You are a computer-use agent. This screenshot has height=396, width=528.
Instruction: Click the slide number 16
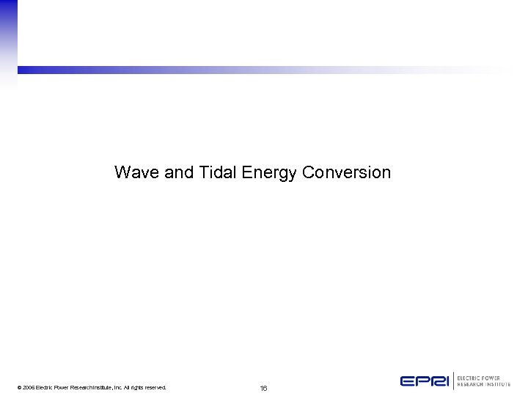263,388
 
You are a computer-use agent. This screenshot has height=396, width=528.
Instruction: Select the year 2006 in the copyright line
29,387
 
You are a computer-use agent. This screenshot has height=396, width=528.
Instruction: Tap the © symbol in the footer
19,387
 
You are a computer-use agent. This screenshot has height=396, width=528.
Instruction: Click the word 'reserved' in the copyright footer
154,387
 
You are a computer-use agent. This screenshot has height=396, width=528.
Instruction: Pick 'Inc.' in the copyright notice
117,387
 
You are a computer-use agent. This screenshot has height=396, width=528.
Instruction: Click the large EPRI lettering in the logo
424,381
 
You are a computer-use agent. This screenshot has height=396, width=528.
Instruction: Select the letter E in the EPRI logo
407,381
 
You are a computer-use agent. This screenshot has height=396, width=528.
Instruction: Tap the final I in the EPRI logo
445,381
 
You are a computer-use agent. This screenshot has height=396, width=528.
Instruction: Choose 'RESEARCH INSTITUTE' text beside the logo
483,384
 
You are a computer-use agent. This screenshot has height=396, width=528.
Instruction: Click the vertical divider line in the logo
452,381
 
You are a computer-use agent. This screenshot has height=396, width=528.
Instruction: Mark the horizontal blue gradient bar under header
220,70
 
